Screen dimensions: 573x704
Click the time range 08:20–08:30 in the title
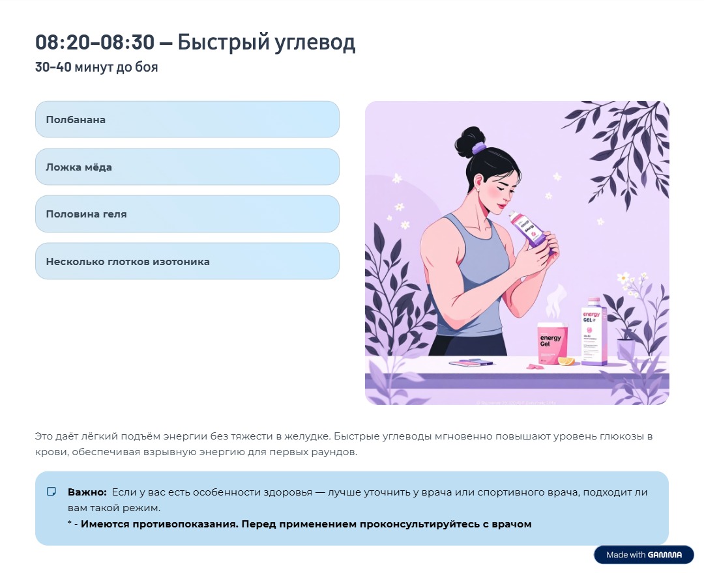(x=95, y=43)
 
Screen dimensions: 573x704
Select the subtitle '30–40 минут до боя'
(x=96, y=67)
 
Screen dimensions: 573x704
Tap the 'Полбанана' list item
(x=187, y=120)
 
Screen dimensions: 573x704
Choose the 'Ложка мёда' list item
(x=187, y=167)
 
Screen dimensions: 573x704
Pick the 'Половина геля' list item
(x=187, y=214)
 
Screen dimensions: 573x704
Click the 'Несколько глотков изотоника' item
(x=187, y=262)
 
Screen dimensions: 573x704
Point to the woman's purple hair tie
(x=479, y=148)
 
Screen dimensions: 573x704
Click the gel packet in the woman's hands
(x=531, y=229)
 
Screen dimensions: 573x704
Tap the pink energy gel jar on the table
(x=552, y=344)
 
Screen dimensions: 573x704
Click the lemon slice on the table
(x=566, y=361)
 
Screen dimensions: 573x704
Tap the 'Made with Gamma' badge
(x=643, y=555)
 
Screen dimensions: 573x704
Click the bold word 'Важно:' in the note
(x=87, y=492)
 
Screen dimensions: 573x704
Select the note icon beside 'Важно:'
(x=52, y=492)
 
